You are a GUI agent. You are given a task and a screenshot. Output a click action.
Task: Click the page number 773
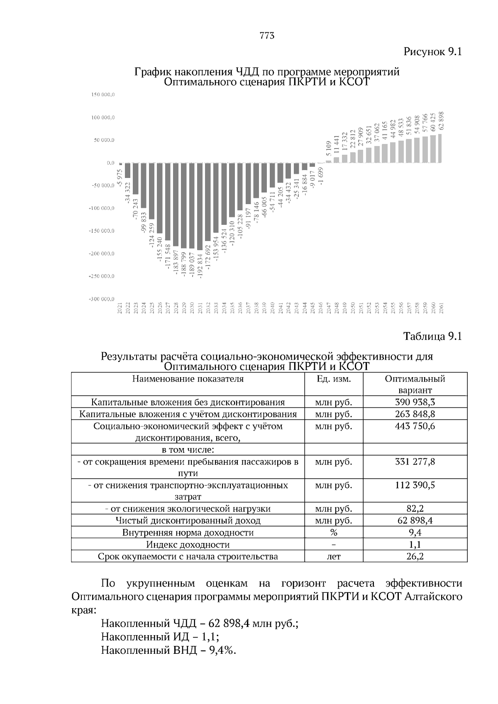click(x=267, y=36)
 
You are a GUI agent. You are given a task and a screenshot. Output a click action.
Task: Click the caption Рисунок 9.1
click(x=432, y=52)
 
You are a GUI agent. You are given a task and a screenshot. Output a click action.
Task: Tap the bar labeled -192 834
click(x=200, y=207)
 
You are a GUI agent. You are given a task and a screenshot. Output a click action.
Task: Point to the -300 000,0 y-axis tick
click(x=103, y=299)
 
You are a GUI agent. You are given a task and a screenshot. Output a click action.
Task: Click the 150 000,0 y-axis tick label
click(x=103, y=95)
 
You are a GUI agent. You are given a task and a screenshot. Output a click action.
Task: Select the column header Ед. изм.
click(x=334, y=379)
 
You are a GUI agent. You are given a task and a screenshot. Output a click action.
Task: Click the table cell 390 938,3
click(x=415, y=402)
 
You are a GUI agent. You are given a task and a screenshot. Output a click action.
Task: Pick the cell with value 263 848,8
click(x=415, y=414)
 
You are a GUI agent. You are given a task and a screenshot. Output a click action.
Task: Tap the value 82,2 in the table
click(x=415, y=509)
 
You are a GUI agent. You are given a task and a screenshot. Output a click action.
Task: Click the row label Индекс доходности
click(x=188, y=544)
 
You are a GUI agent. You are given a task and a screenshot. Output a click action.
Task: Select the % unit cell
click(x=334, y=533)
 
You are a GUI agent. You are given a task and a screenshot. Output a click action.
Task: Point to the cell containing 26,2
click(x=415, y=556)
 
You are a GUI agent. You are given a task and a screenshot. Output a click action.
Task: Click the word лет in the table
click(x=334, y=556)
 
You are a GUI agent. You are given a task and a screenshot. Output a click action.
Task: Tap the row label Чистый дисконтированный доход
click(x=188, y=521)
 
